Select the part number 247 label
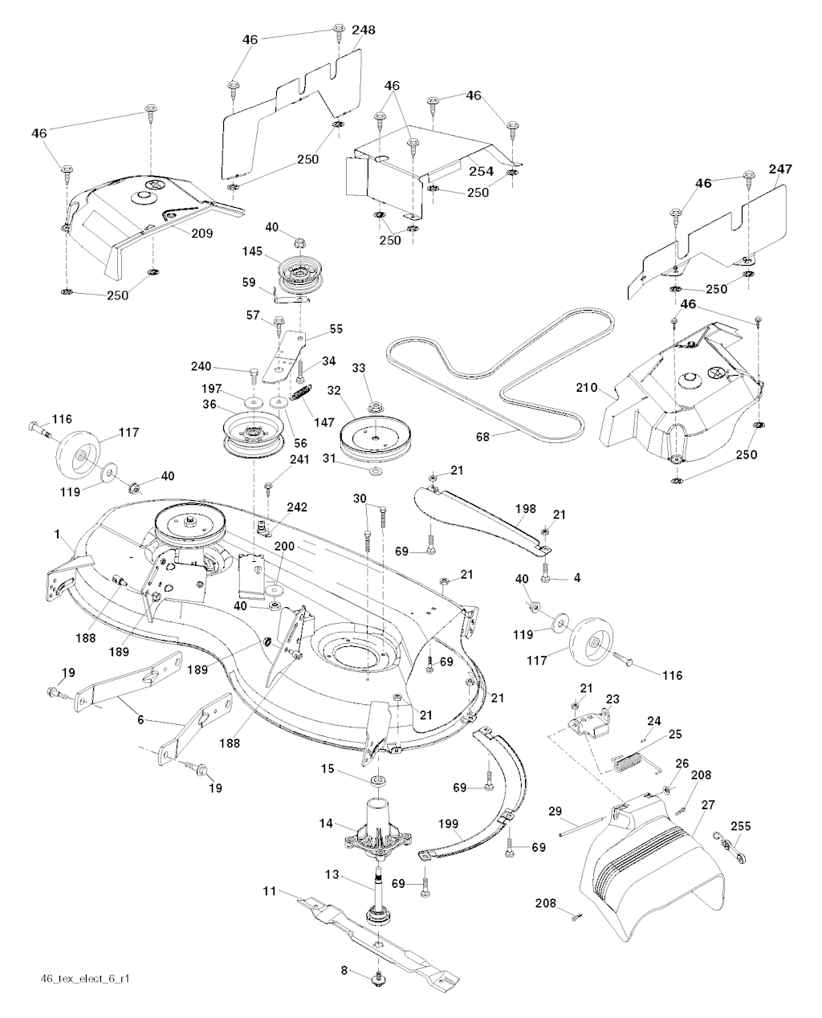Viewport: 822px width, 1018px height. click(780, 169)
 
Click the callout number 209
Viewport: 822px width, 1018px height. click(179, 234)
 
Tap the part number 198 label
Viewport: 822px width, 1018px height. click(526, 508)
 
